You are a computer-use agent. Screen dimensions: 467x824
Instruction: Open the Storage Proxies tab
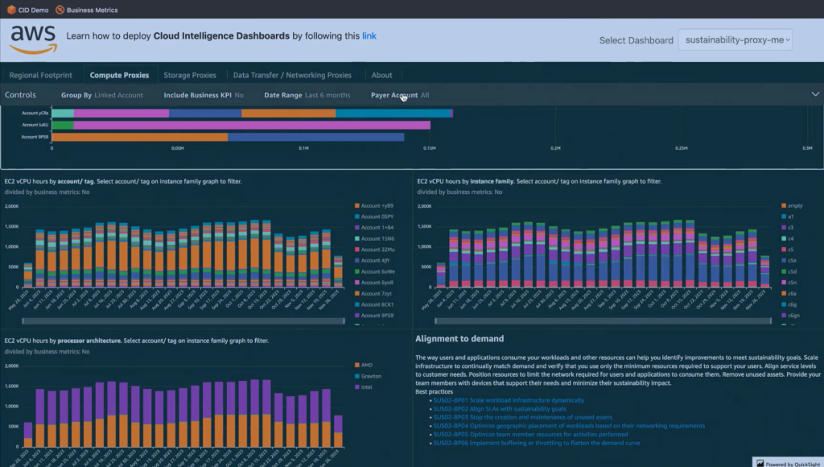pos(190,75)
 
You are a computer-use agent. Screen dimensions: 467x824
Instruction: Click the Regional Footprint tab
pos(40,75)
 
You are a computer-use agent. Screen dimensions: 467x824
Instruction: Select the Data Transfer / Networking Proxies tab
pos(292,75)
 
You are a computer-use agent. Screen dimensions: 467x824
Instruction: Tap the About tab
pos(382,75)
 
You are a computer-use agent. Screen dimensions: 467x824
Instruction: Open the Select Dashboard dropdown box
pos(735,39)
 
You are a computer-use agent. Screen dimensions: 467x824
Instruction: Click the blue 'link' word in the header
pos(369,35)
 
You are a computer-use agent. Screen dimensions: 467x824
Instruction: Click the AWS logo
pos(33,38)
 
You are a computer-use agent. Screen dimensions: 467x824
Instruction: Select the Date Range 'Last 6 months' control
pos(307,95)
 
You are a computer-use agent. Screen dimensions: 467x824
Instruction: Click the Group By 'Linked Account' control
pos(102,95)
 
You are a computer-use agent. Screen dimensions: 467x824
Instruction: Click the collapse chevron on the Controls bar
pos(814,95)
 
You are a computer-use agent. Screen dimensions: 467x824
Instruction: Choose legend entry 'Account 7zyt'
pos(377,294)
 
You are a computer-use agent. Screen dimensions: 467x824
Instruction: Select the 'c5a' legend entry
pos(791,260)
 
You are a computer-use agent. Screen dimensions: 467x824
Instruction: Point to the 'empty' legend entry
pos(795,205)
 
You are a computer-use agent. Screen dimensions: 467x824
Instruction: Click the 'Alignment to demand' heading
pos(459,339)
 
